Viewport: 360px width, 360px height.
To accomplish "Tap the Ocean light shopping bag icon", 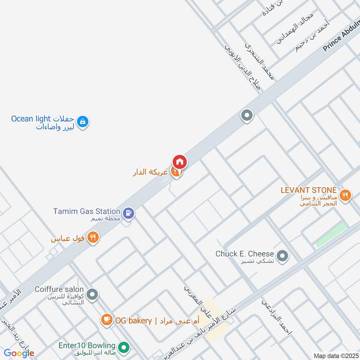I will point(82,121).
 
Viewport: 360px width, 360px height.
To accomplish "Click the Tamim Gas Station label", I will point(86,211).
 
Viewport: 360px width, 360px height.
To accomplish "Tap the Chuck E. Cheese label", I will point(245,254).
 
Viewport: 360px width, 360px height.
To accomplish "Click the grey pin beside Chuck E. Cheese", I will point(283,256).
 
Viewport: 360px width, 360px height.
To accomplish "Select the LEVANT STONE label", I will point(308,190).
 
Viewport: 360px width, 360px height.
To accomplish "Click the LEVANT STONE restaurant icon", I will point(345,195).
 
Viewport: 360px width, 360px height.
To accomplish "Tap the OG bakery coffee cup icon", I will point(107,320).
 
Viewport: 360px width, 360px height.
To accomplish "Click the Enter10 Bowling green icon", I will point(125,347).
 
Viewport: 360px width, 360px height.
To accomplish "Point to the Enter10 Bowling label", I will point(87,346).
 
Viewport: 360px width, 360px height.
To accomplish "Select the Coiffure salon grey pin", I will point(92,295).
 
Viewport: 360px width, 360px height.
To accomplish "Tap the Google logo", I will point(18,353).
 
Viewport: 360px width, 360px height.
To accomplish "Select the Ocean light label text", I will point(29,119).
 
